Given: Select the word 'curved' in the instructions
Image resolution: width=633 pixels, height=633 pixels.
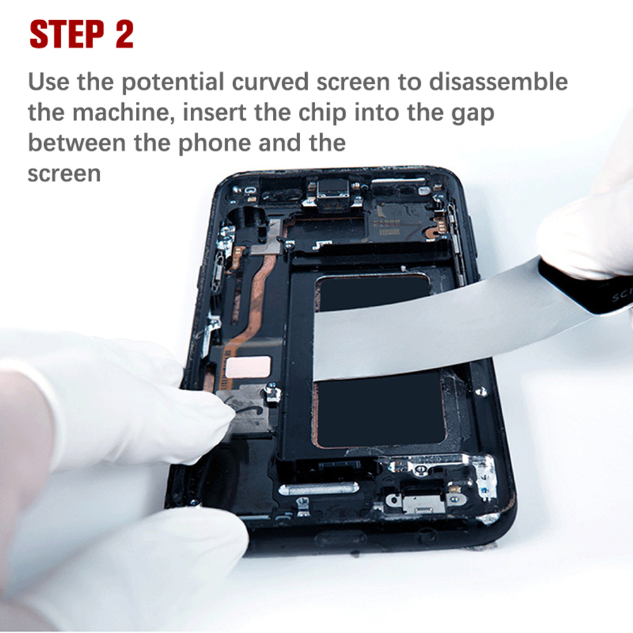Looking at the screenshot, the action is [x=270, y=81].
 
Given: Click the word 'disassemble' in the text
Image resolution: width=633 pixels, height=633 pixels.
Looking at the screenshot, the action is [x=498, y=81].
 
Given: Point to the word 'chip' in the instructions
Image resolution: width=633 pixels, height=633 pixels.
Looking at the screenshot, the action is [x=322, y=113].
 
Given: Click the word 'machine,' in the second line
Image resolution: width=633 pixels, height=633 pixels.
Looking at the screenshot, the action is [x=124, y=113].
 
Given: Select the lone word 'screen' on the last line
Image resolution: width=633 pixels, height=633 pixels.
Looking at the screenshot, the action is [x=64, y=174].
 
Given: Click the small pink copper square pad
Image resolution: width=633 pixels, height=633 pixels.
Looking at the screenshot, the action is [x=248, y=367].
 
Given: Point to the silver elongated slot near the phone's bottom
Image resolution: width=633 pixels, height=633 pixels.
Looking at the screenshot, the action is [x=318, y=488].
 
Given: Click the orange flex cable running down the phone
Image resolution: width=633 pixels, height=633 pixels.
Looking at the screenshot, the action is [x=255, y=299].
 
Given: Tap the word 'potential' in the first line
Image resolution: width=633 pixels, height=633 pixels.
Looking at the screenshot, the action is [x=173, y=82].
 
